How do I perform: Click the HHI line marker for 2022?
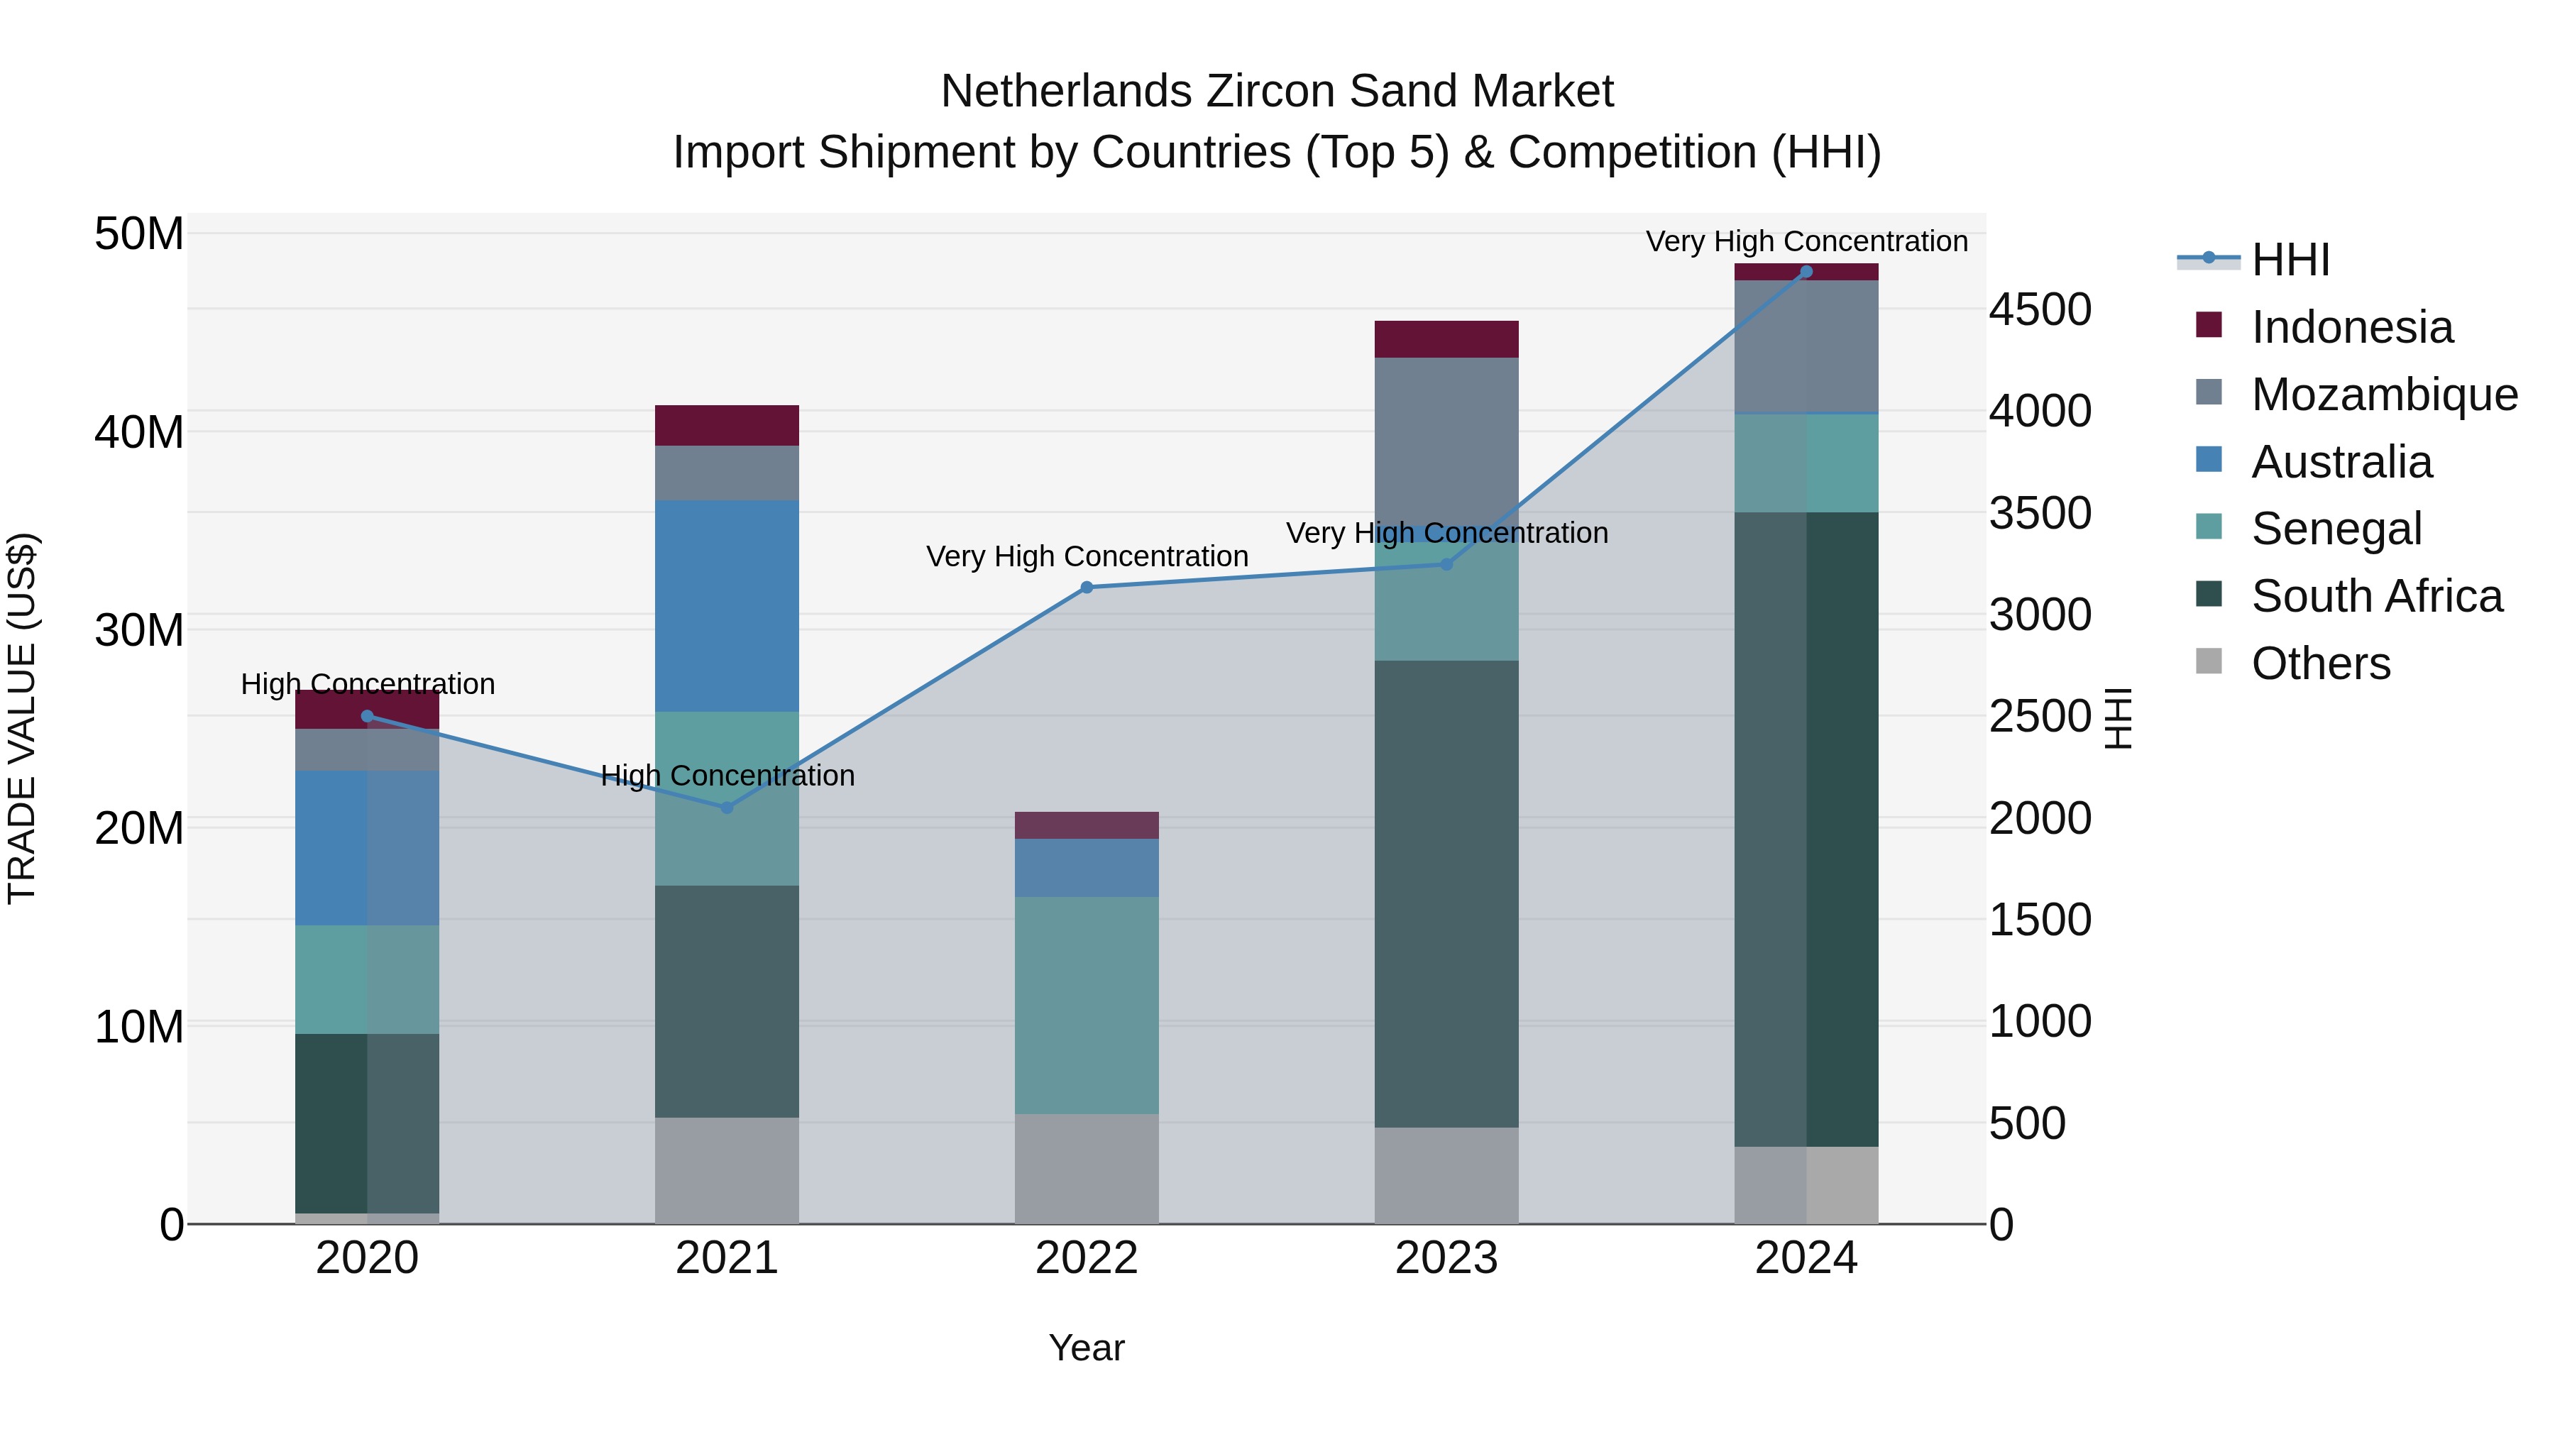point(1086,587)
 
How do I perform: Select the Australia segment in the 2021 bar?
point(727,605)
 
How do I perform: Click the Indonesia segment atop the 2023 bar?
point(1446,339)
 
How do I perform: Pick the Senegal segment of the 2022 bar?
point(1086,1005)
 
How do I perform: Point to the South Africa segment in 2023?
point(1446,893)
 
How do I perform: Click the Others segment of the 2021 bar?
point(727,1170)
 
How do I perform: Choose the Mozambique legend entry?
point(2383,395)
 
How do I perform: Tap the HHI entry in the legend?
point(2289,260)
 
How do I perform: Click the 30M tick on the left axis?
point(139,629)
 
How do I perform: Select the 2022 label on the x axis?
point(1086,1258)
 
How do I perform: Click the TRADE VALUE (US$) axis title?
point(22,718)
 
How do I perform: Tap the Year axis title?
point(1086,1348)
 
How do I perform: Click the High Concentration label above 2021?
point(727,776)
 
